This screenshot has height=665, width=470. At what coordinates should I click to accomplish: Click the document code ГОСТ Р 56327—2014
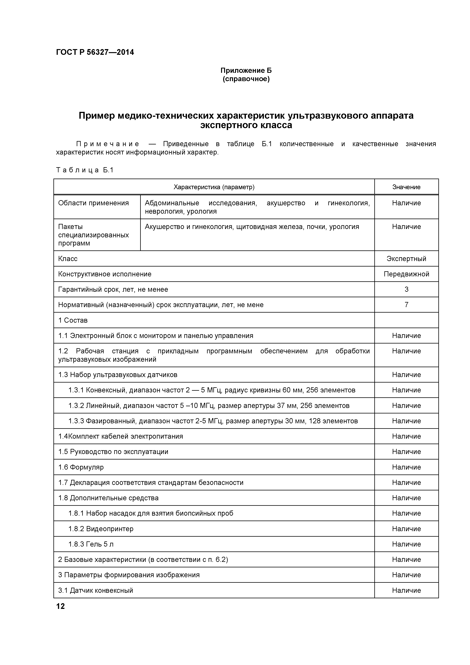pyautogui.click(x=95, y=53)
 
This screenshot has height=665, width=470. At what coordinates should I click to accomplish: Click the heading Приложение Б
pyautogui.click(x=246, y=70)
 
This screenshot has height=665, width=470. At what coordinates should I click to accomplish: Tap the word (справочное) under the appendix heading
pyautogui.click(x=246, y=79)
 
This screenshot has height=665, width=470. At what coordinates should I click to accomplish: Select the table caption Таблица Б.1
pyautogui.click(x=84, y=170)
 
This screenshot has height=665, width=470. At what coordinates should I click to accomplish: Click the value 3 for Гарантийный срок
pyautogui.click(x=406, y=289)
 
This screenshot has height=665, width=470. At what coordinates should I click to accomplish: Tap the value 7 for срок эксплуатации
pyautogui.click(x=406, y=305)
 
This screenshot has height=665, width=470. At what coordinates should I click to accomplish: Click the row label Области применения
pyautogui.click(x=93, y=203)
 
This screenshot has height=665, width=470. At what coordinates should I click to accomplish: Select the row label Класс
pyautogui.click(x=68, y=259)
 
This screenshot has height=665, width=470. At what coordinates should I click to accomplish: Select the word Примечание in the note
pyautogui.click(x=108, y=144)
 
